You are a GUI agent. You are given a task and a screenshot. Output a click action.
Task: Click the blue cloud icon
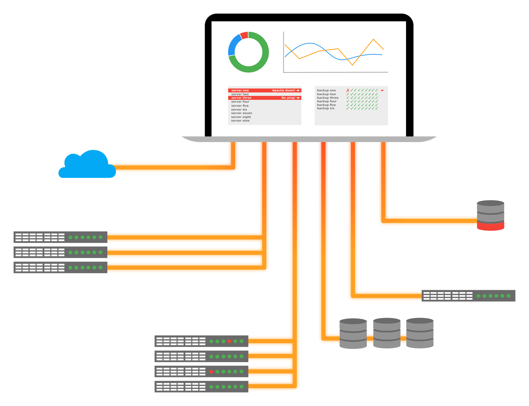[x=87, y=166]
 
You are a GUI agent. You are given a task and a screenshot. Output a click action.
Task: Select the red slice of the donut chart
[x=244, y=35]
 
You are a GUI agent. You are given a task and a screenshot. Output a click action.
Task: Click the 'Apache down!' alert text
[x=283, y=90]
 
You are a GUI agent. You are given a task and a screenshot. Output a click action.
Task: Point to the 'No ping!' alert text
[x=288, y=98]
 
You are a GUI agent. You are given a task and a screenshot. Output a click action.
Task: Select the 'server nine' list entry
[x=240, y=121]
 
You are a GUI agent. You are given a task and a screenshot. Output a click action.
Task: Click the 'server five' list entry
[x=240, y=106]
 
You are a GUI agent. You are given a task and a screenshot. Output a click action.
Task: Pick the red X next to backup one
[x=348, y=90]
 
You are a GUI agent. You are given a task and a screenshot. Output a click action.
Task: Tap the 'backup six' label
[x=325, y=108]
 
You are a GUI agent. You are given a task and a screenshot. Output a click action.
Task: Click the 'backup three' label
[x=328, y=98]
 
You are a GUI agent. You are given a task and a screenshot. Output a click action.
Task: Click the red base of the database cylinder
[x=490, y=226]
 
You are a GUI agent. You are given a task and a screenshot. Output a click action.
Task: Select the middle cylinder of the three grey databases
[x=386, y=333]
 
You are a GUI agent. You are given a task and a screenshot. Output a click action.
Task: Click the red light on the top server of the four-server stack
[x=229, y=341]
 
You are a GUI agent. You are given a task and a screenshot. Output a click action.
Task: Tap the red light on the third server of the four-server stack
[x=211, y=372]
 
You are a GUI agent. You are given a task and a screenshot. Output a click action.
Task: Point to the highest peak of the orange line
[x=373, y=39]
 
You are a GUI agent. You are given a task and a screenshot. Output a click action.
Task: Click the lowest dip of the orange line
[x=352, y=65]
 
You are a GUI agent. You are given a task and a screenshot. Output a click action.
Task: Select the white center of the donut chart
[x=248, y=52]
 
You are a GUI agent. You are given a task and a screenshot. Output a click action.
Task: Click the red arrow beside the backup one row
[x=382, y=90]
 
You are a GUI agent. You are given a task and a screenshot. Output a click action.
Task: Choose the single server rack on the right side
[x=468, y=296]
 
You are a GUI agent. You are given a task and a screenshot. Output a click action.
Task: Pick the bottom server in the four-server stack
[x=201, y=387]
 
